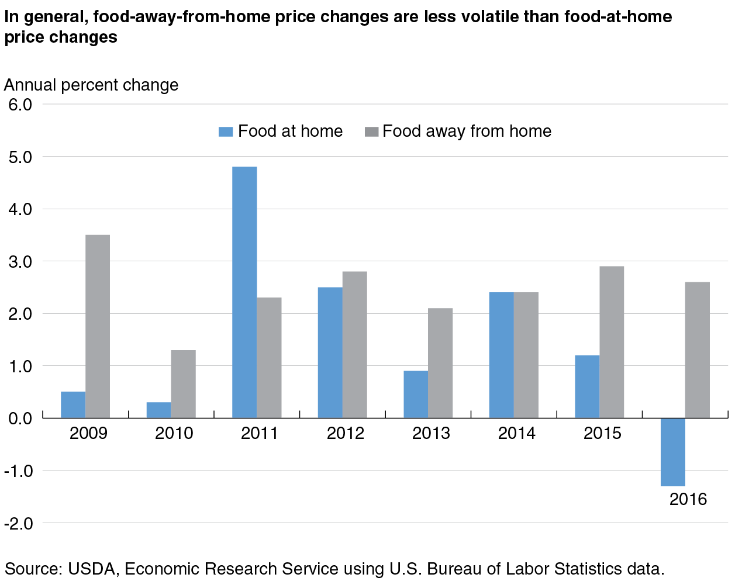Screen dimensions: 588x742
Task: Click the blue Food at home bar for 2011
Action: pyautogui.click(x=244, y=292)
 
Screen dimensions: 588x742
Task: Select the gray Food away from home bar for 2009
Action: pyautogui.click(x=98, y=326)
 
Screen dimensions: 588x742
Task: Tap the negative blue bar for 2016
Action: pyautogui.click(x=672, y=452)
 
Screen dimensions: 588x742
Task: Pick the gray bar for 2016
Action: pyautogui.click(x=698, y=350)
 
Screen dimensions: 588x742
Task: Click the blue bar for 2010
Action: pyautogui.click(x=158, y=410)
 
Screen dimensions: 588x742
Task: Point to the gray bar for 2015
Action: pyautogui.click(x=612, y=342)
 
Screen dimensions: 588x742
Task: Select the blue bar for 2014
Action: pyautogui.click(x=501, y=355)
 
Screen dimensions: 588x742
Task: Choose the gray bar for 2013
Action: pyautogui.click(x=440, y=363)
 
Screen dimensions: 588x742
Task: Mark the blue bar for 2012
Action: pyautogui.click(x=330, y=352)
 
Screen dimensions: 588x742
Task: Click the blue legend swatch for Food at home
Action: pyautogui.click(x=226, y=132)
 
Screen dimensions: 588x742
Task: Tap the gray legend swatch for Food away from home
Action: pyautogui.click(x=371, y=132)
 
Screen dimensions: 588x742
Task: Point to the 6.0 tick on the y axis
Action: pyautogui.click(x=20, y=105)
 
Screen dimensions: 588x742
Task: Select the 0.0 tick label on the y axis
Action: pyautogui.click(x=20, y=418)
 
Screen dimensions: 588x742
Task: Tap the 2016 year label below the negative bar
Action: pyautogui.click(x=688, y=500)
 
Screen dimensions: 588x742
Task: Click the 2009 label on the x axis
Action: pyautogui.click(x=88, y=434)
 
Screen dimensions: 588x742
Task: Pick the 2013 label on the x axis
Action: pyautogui.click(x=431, y=434)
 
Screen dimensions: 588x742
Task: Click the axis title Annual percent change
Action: pyautogui.click(x=91, y=85)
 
